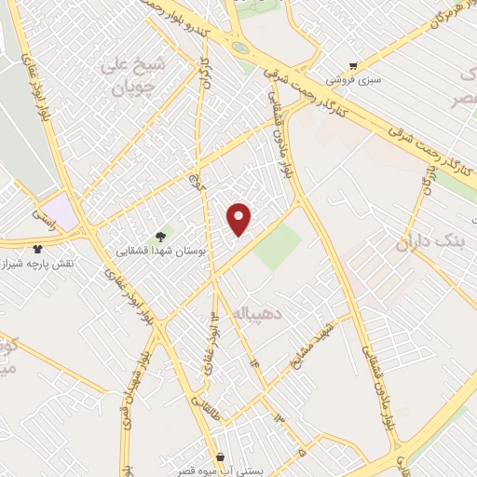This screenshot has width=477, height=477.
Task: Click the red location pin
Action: point(239,218)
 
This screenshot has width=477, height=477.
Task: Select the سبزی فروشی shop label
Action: point(360,80)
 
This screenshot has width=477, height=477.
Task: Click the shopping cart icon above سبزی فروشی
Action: point(353,65)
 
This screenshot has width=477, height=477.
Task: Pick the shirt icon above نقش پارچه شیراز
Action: point(37,249)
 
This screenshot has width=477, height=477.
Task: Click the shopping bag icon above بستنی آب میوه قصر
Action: point(220,457)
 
